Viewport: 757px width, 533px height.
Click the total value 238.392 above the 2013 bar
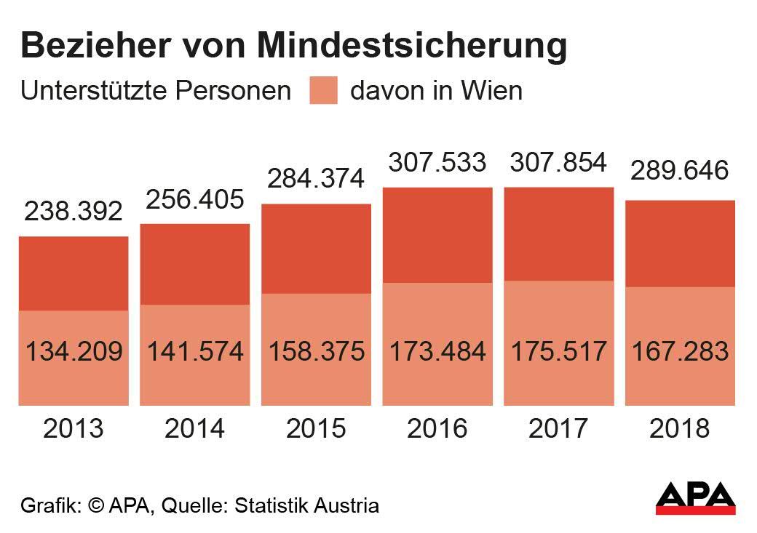(74, 212)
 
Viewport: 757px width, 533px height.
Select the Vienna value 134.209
(74, 351)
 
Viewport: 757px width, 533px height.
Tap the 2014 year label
(195, 428)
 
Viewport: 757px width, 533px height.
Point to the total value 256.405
(195, 199)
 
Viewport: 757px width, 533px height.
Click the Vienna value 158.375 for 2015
(317, 351)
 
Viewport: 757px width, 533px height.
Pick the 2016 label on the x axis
(437, 428)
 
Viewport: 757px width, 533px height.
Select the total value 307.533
(437, 162)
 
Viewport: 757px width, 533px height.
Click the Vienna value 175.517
(558, 351)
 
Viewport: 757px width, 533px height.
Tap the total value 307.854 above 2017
(558, 162)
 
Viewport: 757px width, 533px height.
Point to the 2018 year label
(680, 428)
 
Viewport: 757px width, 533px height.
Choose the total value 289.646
(680, 172)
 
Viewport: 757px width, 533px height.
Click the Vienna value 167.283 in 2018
(680, 351)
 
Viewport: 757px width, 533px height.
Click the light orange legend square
(323, 91)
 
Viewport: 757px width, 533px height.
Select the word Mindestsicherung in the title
(412, 46)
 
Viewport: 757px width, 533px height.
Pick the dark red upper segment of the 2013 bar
(74, 273)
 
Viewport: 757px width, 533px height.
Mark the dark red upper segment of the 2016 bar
(437, 235)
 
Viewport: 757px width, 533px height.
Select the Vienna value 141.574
(195, 351)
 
